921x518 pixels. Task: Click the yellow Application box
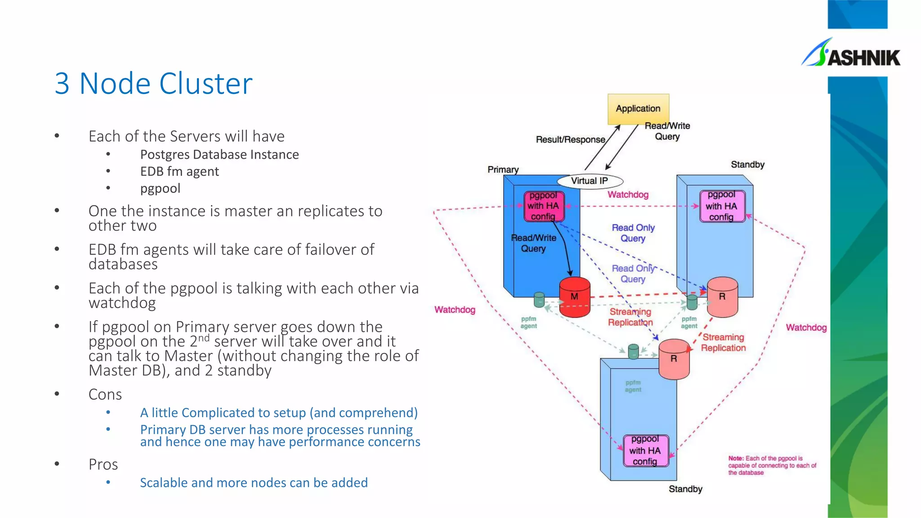(x=638, y=109)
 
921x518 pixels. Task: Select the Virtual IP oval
(x=590, y=181)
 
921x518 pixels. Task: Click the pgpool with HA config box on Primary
(x=543, y=206)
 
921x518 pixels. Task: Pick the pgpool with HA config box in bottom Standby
(x=645, y=451)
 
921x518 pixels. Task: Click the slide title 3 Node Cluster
(x=153, y=84)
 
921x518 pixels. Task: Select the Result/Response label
(x=570, y=140)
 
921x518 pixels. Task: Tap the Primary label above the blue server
(x=503, y=170)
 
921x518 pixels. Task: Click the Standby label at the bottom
(x=685, y=489)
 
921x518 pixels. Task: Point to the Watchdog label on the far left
(x=455, y=310)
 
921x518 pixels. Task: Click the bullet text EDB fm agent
(x=179, y=171)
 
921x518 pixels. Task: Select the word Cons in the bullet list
(x=105, y=394)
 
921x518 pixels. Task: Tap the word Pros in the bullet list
(x=103, y=464)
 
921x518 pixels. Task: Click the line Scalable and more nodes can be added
(x=254, y=483)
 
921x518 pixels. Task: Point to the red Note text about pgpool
(x=772, y=465)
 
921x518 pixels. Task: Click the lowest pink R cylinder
(x=674, y=359)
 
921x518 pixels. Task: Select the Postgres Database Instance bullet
(x=219, y=155)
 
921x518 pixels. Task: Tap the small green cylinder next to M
(x=539, y=300)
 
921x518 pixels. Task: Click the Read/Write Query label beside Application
(x=667, y=131)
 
